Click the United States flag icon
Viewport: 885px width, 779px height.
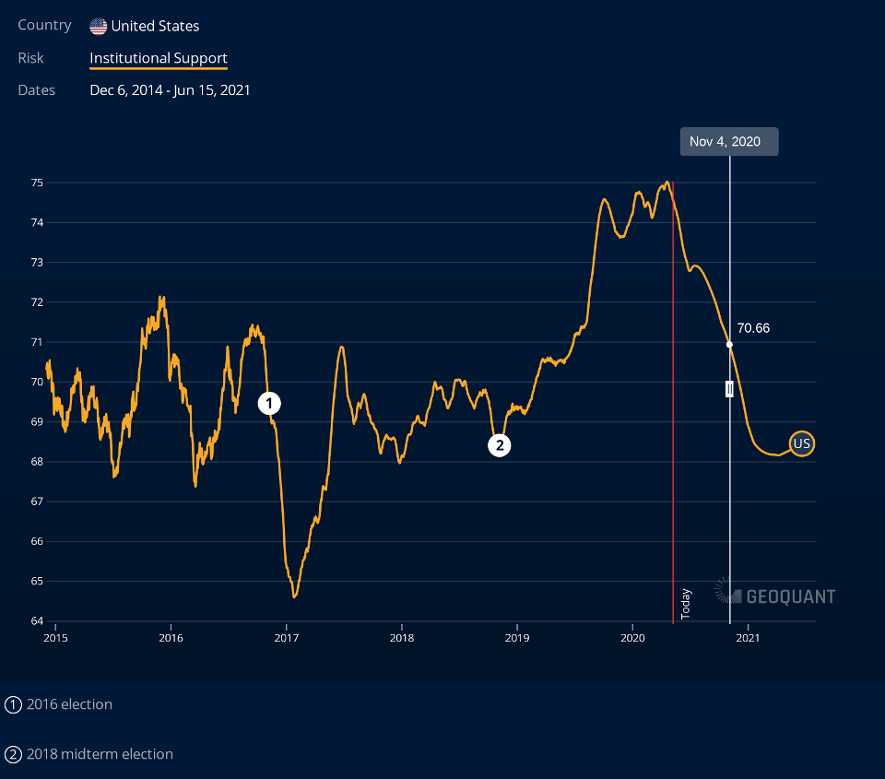[98, 26]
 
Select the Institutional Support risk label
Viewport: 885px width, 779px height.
[159, 58]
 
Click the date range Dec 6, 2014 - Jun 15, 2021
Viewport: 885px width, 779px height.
[170, 90]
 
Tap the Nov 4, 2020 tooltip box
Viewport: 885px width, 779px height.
[725, 141]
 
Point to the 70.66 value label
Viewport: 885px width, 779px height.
[753, 328]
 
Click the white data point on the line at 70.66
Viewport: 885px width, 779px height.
[729, 344]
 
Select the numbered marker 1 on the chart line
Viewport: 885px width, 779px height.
[269, 403]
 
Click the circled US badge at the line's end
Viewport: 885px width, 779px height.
[802, 443]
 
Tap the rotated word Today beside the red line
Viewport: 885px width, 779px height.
[685, 603]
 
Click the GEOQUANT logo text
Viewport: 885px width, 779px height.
[790, 596]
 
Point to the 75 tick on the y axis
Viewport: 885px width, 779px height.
[37, 183]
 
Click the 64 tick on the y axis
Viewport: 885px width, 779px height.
[37, 620]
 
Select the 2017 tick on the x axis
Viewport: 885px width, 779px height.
[287, 637]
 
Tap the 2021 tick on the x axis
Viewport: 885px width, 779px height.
[748, 637]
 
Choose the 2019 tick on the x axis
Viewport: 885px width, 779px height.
[517, 637]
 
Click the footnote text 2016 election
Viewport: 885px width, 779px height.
[69, 704]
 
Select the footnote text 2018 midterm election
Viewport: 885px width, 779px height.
[100, 754]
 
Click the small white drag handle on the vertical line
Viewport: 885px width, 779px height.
[729, 388]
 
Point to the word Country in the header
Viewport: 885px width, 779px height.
[44, 26]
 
